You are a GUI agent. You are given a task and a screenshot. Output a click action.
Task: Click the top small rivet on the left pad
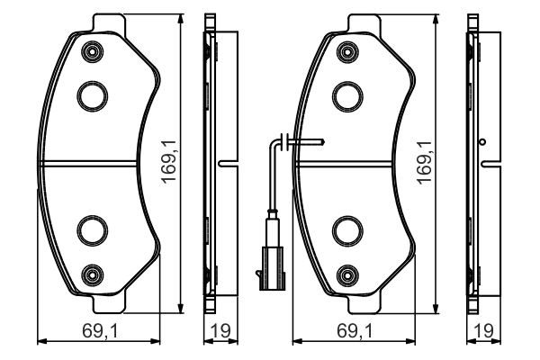pos(90,52)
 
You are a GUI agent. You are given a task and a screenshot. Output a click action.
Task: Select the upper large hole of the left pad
pos(91,93)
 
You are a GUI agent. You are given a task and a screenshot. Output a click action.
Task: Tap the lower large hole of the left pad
pos(91,230)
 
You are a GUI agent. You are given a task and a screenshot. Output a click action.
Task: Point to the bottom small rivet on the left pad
pos(90,272)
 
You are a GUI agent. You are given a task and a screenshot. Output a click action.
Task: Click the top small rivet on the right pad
pos(346,52)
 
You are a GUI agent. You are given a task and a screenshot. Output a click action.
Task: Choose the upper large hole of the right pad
pos(346,93)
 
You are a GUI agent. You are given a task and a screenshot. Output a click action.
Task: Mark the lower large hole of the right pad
pos(346,230)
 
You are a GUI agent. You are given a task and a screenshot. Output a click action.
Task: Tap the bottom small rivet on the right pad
pos(346,272)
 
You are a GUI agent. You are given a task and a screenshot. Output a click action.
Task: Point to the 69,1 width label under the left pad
pos(101,331)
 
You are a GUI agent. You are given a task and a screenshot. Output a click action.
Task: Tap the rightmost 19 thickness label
pos(484,331)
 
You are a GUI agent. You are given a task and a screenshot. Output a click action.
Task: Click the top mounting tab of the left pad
pos(108,22)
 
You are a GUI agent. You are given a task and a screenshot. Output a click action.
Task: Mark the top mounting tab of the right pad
pos(364,22)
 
